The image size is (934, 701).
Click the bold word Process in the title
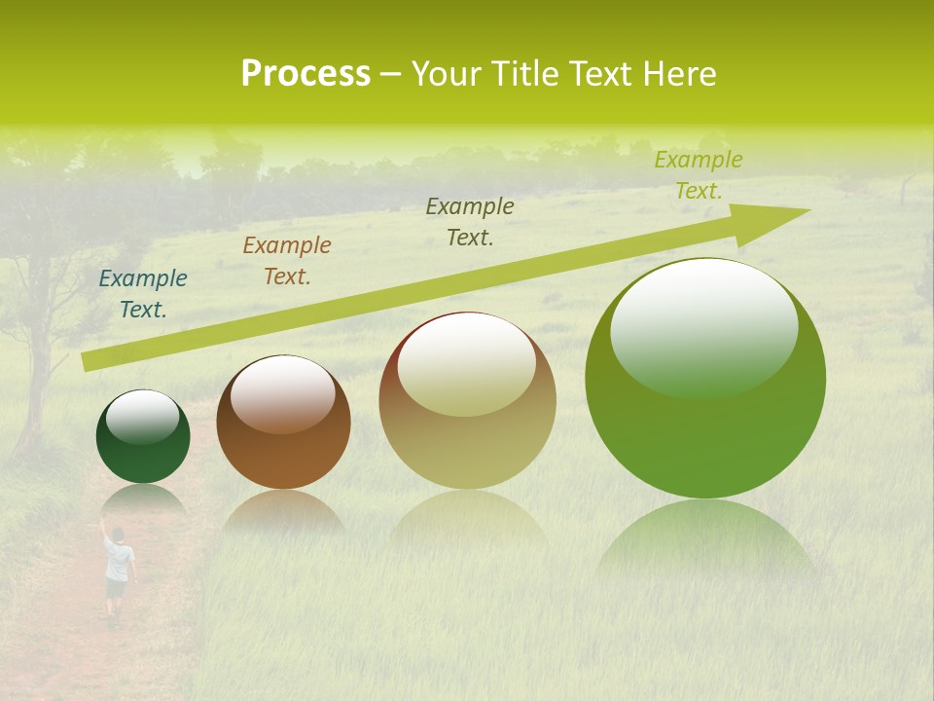point(305,74)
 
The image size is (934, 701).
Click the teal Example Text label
point(143,294)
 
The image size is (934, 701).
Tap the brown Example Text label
point(287,261)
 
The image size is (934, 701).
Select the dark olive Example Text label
point(470,222)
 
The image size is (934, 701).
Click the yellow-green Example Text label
point(699,175)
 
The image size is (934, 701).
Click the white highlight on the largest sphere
point(703,326)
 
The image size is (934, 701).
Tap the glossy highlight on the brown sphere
point(282,392)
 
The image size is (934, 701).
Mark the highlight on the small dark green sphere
point(142,417)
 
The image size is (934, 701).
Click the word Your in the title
point(444,74)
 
